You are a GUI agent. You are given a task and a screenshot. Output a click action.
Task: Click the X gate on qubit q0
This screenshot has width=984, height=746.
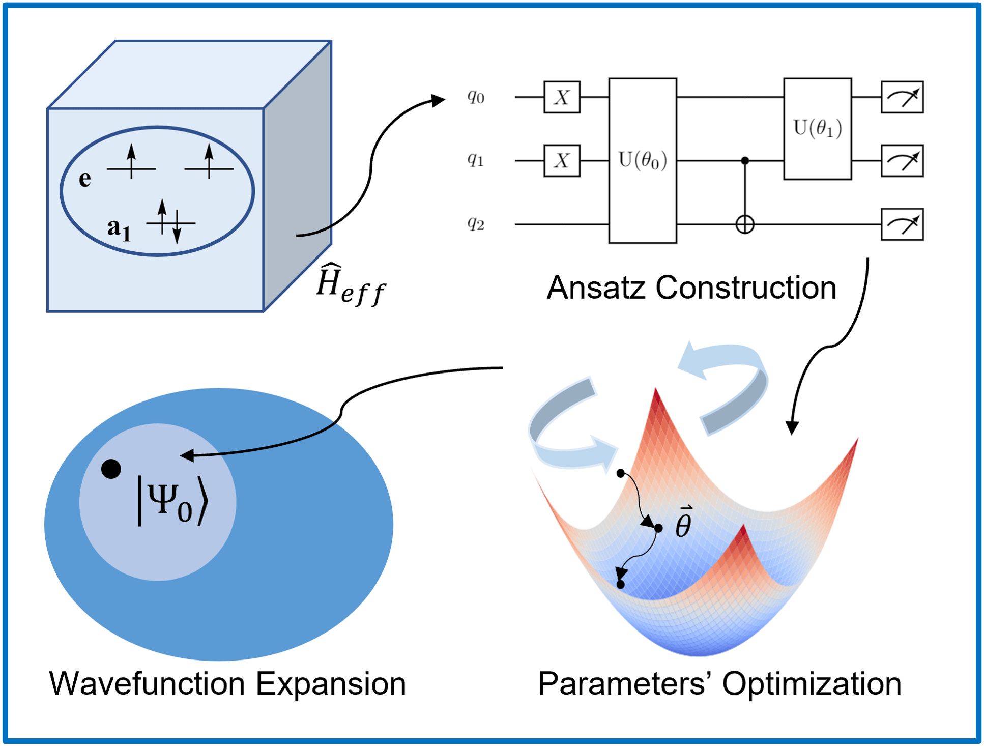pos(562,97)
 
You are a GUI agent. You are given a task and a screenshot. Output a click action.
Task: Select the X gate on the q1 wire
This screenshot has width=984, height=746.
pos(562,161)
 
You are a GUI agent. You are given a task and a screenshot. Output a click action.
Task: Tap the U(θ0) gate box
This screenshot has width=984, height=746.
pos(643,160)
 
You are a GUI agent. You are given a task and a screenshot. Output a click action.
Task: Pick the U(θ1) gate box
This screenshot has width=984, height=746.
pos(817,128)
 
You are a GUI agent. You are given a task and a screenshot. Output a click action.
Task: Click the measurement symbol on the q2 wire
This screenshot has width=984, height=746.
pos(902,224)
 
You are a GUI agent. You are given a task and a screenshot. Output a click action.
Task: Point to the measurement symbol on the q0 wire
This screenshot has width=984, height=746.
pos(902,97)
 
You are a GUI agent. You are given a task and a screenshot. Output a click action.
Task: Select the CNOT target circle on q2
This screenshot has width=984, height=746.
pos(745,224)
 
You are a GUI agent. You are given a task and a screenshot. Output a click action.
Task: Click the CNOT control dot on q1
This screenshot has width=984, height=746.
pos(745,161)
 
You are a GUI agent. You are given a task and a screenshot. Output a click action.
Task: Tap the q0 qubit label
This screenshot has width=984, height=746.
pos(476,96)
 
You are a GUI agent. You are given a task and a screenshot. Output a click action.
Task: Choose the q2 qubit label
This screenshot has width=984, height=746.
pos(476,223)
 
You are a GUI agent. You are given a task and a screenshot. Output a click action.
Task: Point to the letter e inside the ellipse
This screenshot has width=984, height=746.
pos(85,179)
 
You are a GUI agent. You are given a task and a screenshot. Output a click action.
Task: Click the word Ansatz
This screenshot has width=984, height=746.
pos(596,288)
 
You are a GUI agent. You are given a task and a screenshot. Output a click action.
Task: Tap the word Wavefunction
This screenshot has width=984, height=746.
pos(148,683)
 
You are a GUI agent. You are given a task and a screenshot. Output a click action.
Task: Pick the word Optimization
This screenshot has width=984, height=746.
pos(812,683)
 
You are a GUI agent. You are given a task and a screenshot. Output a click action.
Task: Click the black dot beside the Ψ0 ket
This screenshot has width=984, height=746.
pos(111,469)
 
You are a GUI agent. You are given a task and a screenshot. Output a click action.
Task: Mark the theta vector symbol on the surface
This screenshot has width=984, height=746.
pos(683,523)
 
